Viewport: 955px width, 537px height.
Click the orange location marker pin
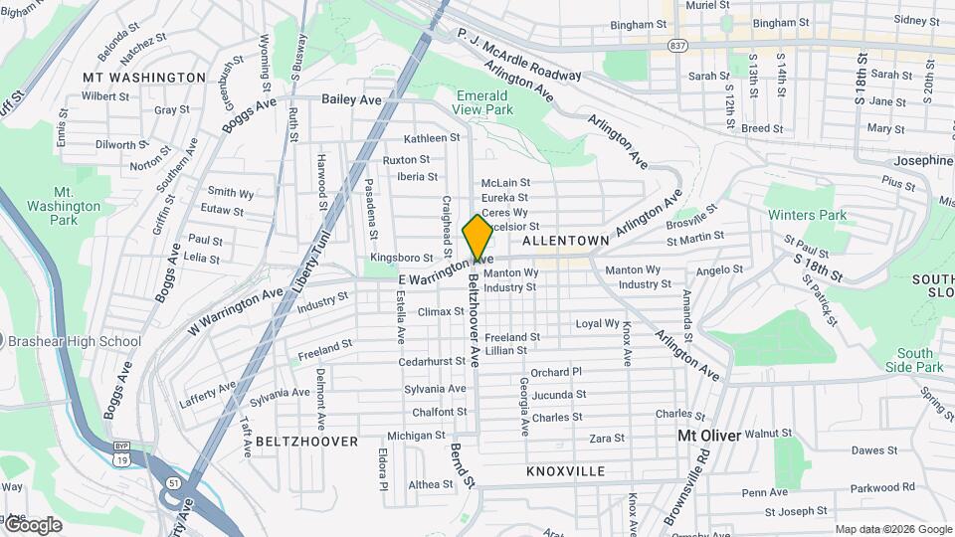pyautogui.click(x=477, y=238)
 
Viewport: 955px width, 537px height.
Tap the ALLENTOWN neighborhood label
pyautogui.click(x=565, y=242)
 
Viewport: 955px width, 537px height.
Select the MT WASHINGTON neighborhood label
pyautogui.click(x=144, y=78)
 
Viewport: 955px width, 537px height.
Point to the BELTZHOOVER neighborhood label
pyautogui.click(x=306, y=441)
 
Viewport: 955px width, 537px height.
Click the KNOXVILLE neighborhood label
pyautogui.click(x=565, y=470)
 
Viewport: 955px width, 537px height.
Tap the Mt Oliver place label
pyautogui.click(x=709, y=436)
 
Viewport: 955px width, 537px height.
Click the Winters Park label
pyautogui.click(x=806, y=215)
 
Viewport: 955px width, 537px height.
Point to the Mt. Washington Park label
pyautogui.click(x=77, y=206)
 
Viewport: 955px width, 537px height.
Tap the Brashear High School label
pyautogui.click(x=75, y=341)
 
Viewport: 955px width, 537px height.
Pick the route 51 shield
pyautogui.click(x=173, y=483)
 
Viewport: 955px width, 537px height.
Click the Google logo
pyautogui.click(x=32, y=524)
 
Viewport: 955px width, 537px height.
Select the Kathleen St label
pyautogui.click(x=432, y=138)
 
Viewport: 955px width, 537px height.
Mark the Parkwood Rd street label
pyautogui.click(x=882, y=487)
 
